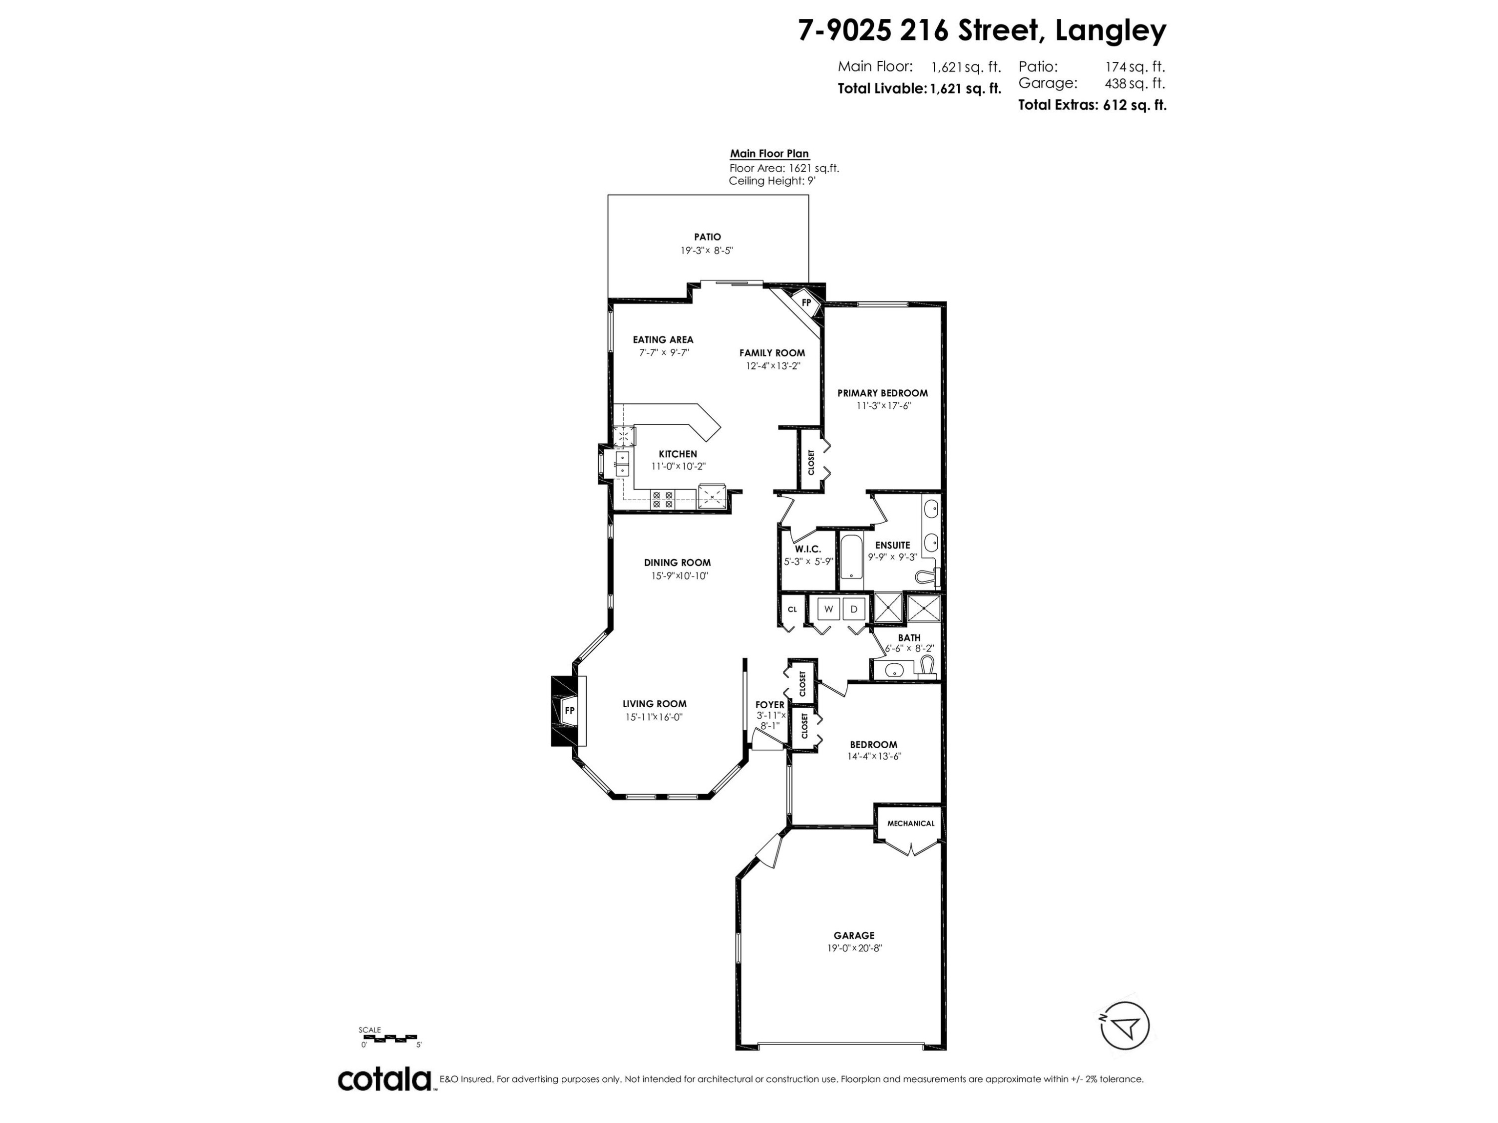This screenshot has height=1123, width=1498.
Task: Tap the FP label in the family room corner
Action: [806, 302]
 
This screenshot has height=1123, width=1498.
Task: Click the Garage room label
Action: [854, 935]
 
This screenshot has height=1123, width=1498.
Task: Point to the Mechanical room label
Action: [910, 823]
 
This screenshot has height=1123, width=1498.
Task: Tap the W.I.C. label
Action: [807, 549]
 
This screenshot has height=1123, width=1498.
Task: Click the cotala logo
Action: [384, 1079]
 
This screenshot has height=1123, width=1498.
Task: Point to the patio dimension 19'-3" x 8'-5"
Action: [707, 250]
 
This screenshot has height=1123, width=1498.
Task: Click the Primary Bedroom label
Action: [882, 393]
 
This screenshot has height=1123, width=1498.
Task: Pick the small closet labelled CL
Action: [791, 609]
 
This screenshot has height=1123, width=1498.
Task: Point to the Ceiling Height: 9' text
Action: [771, 181]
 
